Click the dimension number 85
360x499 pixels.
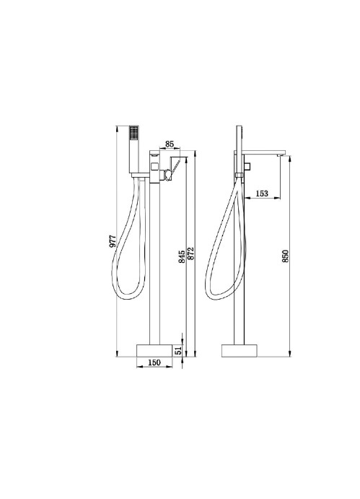(170, 144)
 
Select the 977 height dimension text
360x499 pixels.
(113, 241)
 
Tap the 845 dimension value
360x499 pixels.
(182, 257)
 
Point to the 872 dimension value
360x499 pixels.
(190, 253)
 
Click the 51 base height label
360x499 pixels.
(178, 351)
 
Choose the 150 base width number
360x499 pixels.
(154, 363)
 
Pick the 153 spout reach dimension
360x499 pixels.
(262, 193)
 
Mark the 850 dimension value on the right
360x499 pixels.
(285, 256)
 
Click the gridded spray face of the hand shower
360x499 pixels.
(134, 131)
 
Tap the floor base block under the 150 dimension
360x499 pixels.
(154, 350)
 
